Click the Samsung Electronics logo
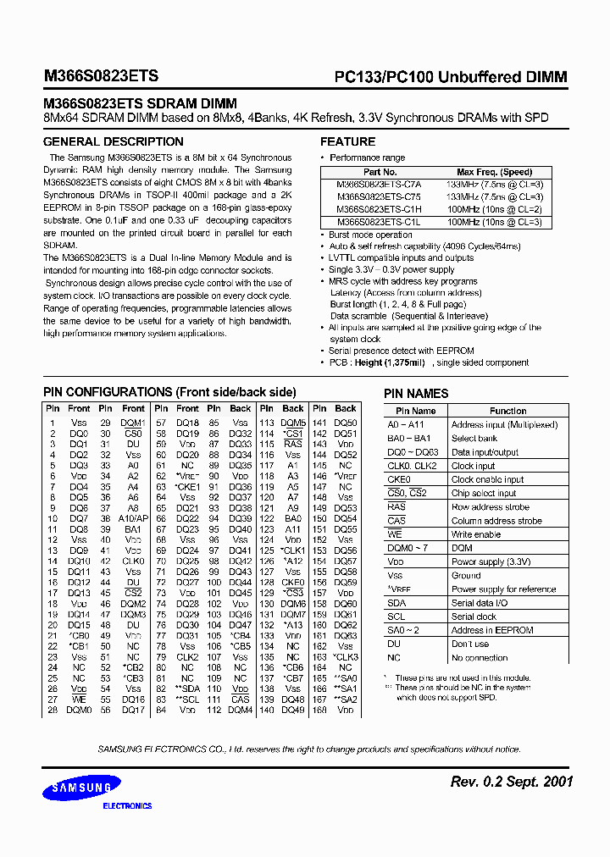[x=83, y=791]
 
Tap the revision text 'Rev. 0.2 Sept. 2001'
[x=511, y=782]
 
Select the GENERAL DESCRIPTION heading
[x=113, y=141]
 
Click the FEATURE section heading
[x=347, y=141]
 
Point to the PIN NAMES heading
[x=416, y=393]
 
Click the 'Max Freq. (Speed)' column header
[x=494, y=172]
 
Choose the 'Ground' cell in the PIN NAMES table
[x=466, y=575]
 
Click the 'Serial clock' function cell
[x=474, y=616]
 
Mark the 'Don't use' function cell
[x=470, y=644]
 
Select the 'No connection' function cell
[x=480, y=658]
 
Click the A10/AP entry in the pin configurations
[x=133, y=518]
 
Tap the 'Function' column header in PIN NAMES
[x=507, y=411]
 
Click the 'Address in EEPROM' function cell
[x=491, y=630]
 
